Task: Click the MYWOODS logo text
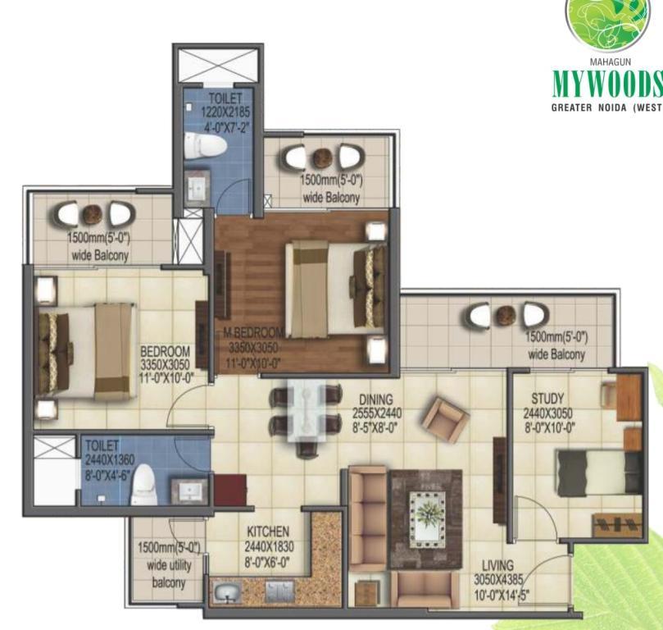click(x=607, y=84)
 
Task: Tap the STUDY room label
click(x=547, y=399)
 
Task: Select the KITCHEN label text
click(x=268, y=532)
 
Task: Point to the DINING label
click(x=376, y=399)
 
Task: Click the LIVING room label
click(x=498, y=565)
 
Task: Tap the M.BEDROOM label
click(x=253, y=332)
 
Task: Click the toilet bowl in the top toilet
click(x=206, y=145)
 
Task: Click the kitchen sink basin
click(x=227, y=593)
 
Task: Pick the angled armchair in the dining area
click(x=446, y=420)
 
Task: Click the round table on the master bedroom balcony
click(x=323, y=157)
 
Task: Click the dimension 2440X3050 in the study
click(x=547, y=413)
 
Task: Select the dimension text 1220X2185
click(x=225, y=113)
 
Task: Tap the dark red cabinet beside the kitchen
click(x=230, y=490)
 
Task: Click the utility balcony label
click(x=169, y=565)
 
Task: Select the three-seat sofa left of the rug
click(x=368, y=518)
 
